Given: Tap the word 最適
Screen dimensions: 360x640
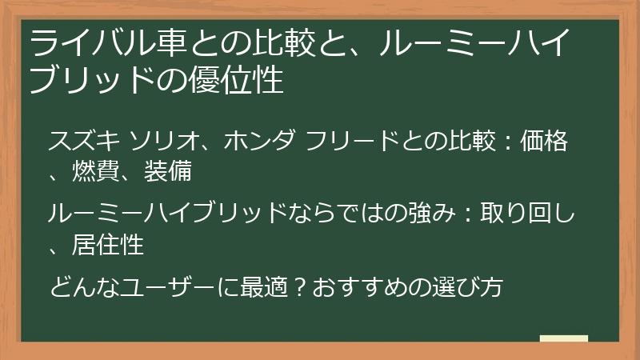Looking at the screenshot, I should [263, 286].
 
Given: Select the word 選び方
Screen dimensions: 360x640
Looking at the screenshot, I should [466, 286].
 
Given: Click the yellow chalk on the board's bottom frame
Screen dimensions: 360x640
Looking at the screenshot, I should [563, 339].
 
